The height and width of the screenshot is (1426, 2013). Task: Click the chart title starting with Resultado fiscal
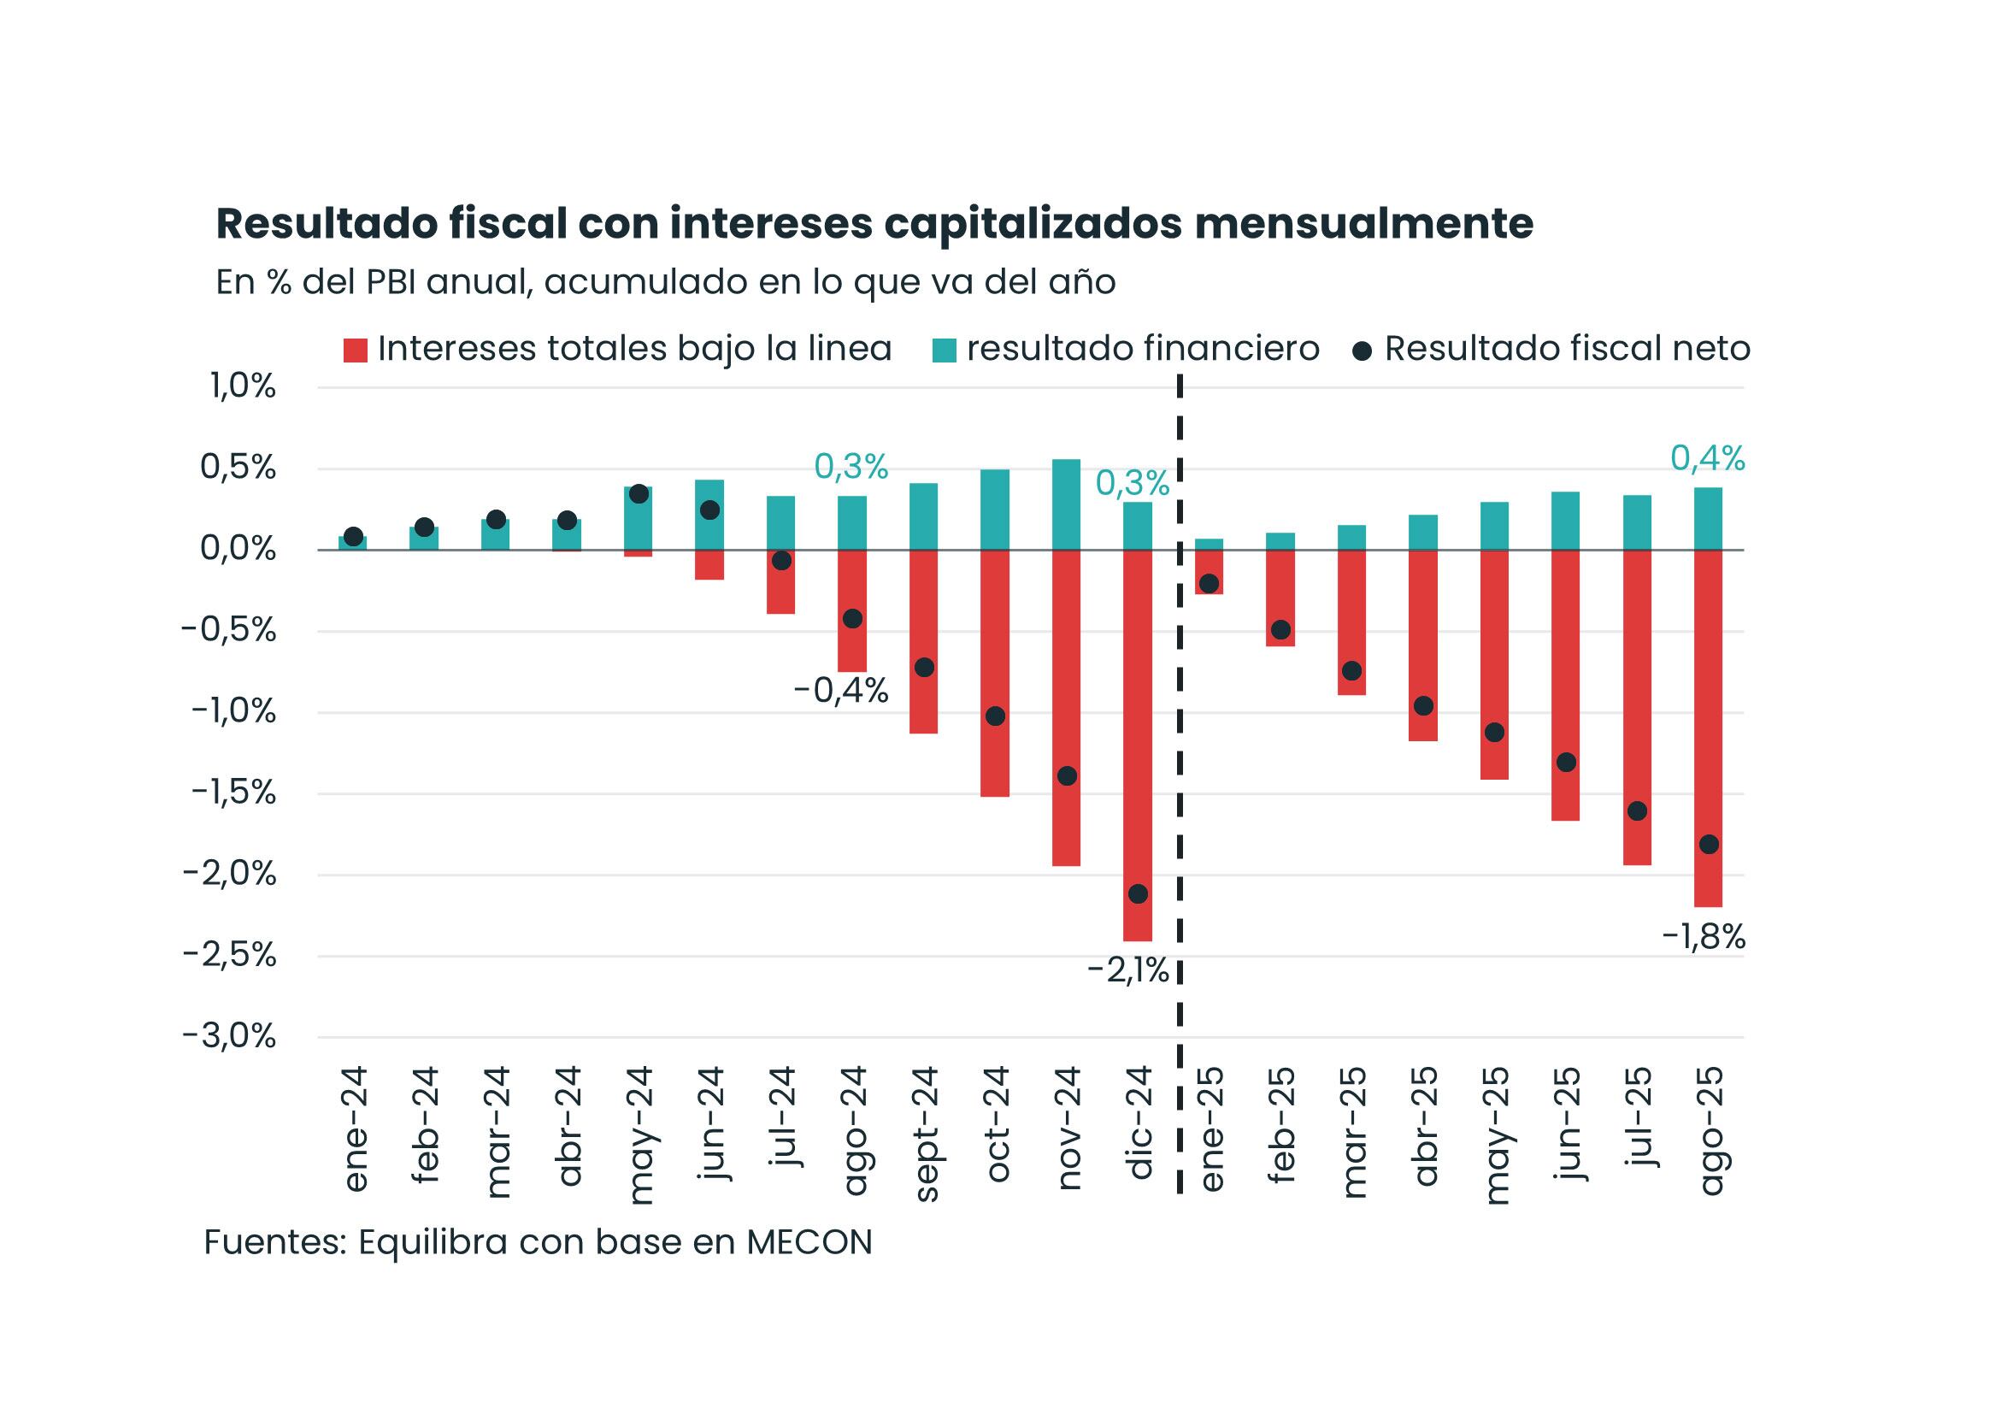click(x=874, y=225)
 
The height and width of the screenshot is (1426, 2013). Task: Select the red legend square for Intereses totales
click(x=355, y=351)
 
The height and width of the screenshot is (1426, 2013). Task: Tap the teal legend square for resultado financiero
click(x=944, y=351)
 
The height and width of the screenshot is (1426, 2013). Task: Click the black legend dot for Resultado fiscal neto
click(x=1363, y=351)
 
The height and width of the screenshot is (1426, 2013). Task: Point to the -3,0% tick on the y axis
click(x=229, y=1037)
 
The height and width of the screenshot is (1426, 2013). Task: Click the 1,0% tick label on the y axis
click(x=242, y=386)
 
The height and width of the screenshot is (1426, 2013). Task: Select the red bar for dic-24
click(x=1138, y=746)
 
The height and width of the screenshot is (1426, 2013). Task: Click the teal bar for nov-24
click(x=1066, y=505)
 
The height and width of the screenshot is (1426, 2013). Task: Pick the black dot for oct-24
click(x=995, y=716)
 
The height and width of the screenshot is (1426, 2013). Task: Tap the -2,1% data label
click(x=1128, y=971)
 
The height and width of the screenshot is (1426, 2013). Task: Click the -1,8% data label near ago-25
click(x=1703, y=939)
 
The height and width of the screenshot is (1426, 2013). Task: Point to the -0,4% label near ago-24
click(x=841, y=692)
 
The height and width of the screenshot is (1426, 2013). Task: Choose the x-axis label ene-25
click(x=1210, y=1129)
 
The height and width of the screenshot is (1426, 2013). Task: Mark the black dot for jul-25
click(x=1637, y=811)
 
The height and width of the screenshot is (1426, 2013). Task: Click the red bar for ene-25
click(x=1209, y=573)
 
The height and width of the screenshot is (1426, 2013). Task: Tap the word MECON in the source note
click(x=809, y=1242)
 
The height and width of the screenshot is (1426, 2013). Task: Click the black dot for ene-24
click(x=354, y=537)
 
